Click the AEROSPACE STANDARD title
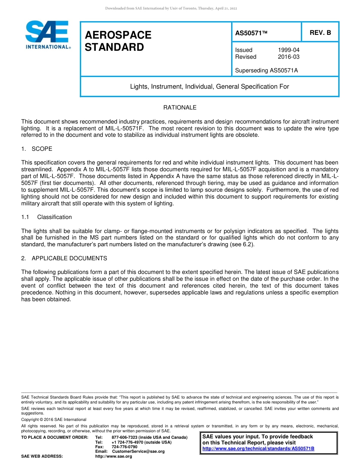coord(118,41)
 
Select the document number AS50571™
coord(251,33)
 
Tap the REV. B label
coord(320,33)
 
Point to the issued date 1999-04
coord(288,50)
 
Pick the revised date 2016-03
coord(288,57)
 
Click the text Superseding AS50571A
coord(266,70)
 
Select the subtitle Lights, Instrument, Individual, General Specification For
coord(210,86)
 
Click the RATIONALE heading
coord(180,108)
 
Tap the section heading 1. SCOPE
coord(37,149)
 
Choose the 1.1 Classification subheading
coord(47,217)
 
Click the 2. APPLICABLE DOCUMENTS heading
coord(64,258)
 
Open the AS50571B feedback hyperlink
coord(258,449)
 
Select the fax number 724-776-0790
coord(124,447)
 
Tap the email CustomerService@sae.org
coord(138,452)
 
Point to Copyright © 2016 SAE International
coord(54,420)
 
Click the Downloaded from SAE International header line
coord(171,8)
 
